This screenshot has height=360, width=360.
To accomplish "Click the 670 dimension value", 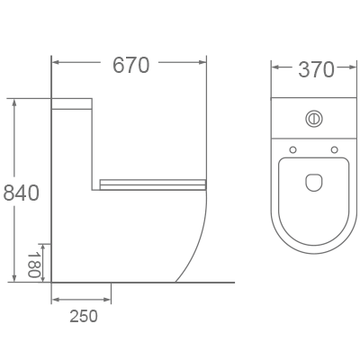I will point(130,65).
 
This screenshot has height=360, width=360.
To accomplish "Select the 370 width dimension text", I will point(315,69).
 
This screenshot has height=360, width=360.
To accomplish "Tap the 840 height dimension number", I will point(21,193).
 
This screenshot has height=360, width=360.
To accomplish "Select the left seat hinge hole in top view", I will point(293,148).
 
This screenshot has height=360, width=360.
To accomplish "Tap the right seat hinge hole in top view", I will point(334,148).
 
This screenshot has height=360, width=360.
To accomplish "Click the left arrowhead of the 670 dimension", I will point(55,64).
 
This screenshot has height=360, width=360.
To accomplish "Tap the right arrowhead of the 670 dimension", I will point(203,64).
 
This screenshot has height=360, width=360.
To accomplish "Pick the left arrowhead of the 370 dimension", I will point(276,67).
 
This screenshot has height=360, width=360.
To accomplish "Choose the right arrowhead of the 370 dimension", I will point(352,67).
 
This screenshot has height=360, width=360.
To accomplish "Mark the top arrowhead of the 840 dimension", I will point(13,103).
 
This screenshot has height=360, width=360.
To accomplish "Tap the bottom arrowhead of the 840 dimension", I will point(13,278).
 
